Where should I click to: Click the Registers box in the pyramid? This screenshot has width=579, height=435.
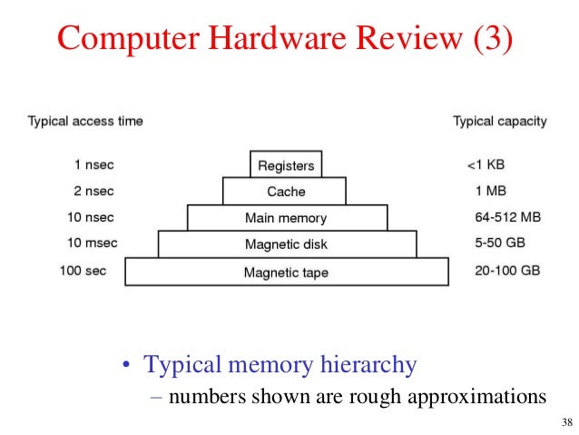pyautogui.click(x=286, y=165)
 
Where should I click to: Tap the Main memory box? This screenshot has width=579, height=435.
pyautogui.click(x=286, y=218)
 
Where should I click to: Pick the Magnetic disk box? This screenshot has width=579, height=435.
pyautogui.click(x=286, y=244)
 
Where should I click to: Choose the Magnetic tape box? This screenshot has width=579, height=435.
pyautogui.click(x=286, y=272)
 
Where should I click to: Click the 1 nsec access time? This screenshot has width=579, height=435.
pyautogui.click(x=94, y=165)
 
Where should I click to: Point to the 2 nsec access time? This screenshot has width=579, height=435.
pyautogui.click(x=94, y=192)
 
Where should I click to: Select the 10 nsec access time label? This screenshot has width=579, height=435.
pyautogui.click(x=91, y=218)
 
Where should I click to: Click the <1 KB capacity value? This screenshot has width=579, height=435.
pyautogui.click(x=486, y=165)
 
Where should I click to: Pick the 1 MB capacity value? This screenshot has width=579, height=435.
pyautogui.click(x=490, y=192)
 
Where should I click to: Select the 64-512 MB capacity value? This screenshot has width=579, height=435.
pyautogui.click(x=507, y=218)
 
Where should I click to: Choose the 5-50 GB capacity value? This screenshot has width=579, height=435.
pyautogui.click(x=501, y=244)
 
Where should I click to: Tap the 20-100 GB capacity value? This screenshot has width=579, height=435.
pyautogui.click(x=506, y=272)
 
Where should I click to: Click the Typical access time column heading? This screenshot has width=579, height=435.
pyautogui.click(x=85, y=121)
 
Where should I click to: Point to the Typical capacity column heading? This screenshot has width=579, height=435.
pyautogui.click(x=499, y=121)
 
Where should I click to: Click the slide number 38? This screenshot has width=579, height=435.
pyautogui.click(x=567, y=422)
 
